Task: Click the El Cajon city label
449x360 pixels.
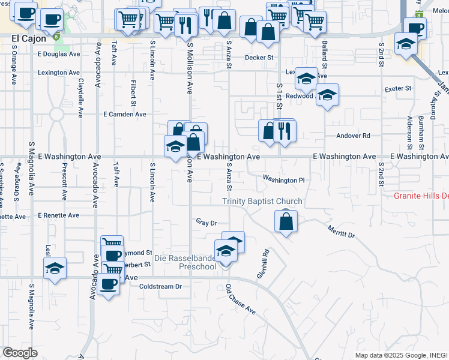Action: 29,38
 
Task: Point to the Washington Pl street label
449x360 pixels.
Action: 285,180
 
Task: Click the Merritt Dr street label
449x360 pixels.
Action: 341,232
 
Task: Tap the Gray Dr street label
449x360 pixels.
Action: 206,223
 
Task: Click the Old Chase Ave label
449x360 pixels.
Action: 241,301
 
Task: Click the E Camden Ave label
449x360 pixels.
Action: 125,114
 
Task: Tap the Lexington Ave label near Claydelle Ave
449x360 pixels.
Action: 59,73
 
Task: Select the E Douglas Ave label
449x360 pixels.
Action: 58,54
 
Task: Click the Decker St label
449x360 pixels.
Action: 259,58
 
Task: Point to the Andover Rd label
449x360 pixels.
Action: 353,136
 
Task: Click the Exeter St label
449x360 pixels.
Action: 398,88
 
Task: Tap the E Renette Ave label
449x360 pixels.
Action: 58,215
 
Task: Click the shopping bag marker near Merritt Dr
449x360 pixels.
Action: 287,221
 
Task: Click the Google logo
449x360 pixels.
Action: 20,353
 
